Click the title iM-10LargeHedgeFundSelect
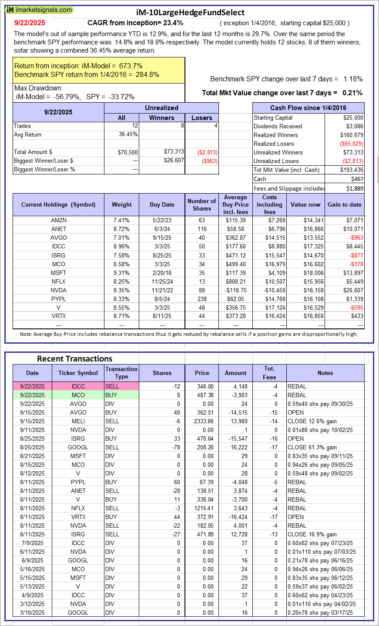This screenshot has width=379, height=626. coord(190,13)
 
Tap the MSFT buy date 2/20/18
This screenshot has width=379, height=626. coord(162,273)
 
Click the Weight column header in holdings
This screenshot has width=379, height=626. coord(121,204)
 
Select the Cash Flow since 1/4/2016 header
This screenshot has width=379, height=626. coord(308,108)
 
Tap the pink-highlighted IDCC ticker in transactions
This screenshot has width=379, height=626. coord(78,386)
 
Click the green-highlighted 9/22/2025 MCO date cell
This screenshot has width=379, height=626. coord(32,395)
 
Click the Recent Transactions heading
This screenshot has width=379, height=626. coord(74,359)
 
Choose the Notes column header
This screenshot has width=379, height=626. coord(325,373)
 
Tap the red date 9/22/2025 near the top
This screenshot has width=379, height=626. coord(30,23)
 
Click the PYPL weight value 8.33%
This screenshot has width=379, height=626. coord(121,299)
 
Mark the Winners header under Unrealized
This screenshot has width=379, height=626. coord(161,117)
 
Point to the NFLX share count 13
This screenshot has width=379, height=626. coord(202,281)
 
